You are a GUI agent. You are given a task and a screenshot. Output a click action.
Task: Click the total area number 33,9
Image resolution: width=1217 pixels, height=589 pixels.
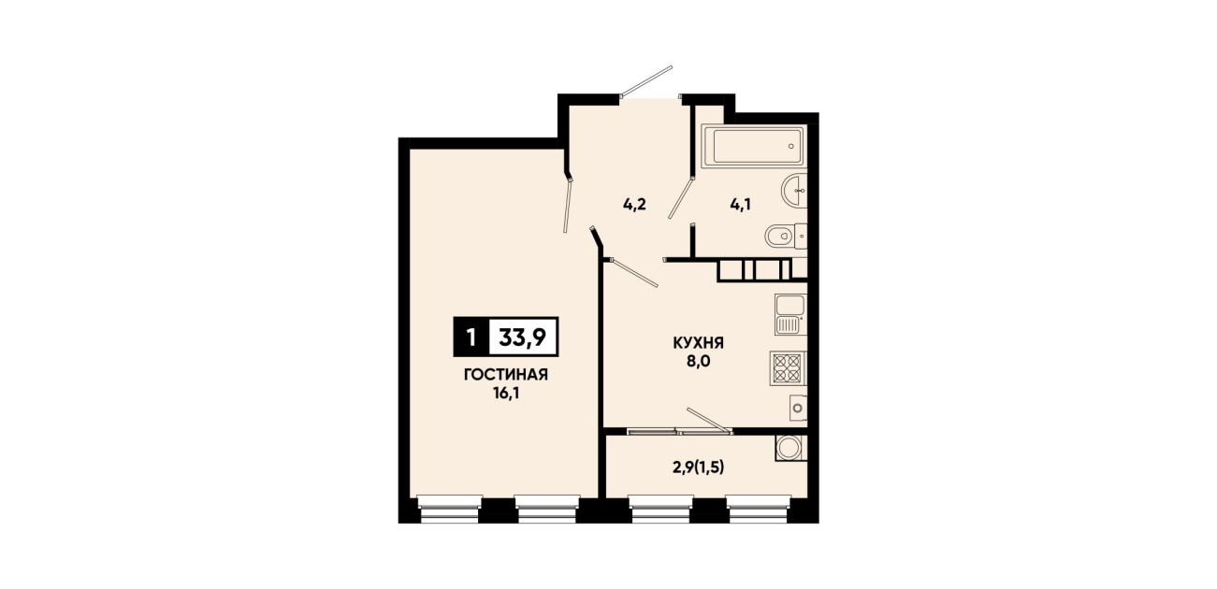point(523,338)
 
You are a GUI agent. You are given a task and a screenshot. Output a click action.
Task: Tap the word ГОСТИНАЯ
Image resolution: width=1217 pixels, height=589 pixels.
point(506,375)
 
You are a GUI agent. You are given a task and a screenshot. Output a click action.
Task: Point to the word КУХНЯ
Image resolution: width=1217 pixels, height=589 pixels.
point(698,343)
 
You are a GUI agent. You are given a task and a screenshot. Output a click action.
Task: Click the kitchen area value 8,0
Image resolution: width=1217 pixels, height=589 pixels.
point(698,362)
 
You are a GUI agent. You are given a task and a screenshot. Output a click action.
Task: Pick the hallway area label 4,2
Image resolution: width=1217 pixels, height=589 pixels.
point(634,206)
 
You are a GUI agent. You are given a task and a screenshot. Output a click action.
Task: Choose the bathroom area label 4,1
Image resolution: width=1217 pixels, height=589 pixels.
point(740,206)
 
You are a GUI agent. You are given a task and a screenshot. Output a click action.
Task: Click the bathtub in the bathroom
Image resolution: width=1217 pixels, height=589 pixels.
point(754,147)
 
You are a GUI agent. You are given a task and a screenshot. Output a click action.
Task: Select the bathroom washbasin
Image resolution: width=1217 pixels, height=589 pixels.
point(794,191)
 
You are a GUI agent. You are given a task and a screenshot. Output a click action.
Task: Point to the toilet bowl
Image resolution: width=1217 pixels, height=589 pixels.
point(786,237)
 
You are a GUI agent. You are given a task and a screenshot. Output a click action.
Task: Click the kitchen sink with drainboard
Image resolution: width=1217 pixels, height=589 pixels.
point(790,314)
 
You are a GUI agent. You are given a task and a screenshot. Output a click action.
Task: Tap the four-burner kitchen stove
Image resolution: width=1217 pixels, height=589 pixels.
point(788,368)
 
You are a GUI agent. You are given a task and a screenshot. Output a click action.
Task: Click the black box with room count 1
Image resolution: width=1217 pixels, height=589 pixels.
point(471,338)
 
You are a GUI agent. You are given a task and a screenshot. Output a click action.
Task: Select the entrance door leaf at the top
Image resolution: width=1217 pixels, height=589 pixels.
point(646,82)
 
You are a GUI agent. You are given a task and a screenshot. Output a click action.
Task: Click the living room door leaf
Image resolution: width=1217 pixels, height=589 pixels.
point(569,205)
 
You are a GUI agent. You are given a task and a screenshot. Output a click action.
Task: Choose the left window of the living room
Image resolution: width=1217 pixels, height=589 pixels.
point(449,510)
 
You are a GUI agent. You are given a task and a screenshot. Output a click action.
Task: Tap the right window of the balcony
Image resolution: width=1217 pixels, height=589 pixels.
point(758,510)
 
